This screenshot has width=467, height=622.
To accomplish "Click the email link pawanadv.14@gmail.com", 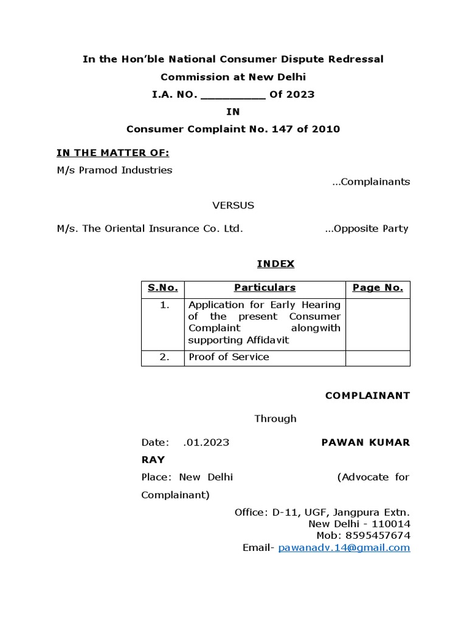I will coord(344,547).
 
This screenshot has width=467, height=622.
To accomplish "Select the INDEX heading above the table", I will coord(275,264).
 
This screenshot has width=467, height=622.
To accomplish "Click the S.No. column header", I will coord(162,288).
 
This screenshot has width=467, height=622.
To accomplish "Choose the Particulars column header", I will coord(265,288).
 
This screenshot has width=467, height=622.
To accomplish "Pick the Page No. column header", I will coord(378,288).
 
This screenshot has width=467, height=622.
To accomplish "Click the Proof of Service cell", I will coord(229,357).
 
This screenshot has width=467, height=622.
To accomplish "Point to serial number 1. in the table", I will coord(164,305).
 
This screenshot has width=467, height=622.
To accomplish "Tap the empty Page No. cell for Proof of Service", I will coord(378,357).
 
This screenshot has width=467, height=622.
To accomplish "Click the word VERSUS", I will coord(233,205).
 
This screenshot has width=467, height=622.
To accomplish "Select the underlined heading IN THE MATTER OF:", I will coord(112,152).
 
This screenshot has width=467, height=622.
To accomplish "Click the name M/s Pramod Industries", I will coord(114,170).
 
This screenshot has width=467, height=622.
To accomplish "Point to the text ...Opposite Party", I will coord(367,228).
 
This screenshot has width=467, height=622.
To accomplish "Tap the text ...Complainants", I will coord(371,182).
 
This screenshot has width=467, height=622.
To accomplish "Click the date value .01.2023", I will coord(206,442).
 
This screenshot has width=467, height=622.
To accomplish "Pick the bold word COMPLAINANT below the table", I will coord(367,395).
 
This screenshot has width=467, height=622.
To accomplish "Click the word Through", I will coord(275,419).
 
